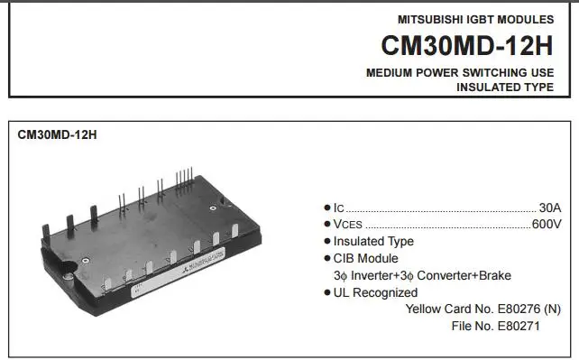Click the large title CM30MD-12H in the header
pos(467,45)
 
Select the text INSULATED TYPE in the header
pos(505,88)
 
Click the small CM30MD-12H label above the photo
pos(57,134)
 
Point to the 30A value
pos(550,208)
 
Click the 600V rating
pos(547,224)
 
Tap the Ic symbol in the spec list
pos(338,208)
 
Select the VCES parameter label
pos(348,225)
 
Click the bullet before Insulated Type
pos(326,241)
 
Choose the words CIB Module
pos(365,258)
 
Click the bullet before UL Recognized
pos(326,293)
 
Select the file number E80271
pos(519,326)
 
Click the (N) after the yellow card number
pos(553,309)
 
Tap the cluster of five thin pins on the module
pos(184,178)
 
